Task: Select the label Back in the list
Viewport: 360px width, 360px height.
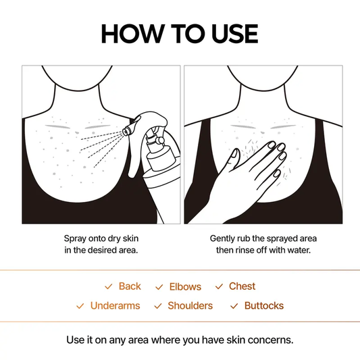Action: pyautogui.click(x=130, y=286)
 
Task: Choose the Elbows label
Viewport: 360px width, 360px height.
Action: pyautogui.click(x=186, y=286)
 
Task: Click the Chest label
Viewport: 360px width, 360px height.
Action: pyautogui.click(x=242, y=286)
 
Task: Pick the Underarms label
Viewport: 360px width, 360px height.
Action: pyautogui.click(x=115, y=306)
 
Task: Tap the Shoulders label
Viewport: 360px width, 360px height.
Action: pyautogui.click(x=190, y=306)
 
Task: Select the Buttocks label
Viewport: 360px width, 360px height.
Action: pyautogui.click(x=264, y=306)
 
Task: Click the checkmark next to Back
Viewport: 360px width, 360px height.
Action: pyautogui.click(x=108, y=287)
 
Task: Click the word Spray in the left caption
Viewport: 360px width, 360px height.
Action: pyautogui.click(x=76, y=238)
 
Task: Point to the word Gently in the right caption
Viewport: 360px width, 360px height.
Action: pyautogui.click(x=224, y=238)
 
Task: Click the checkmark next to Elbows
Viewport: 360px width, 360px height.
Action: pyautogui.click(x=159, y=287)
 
